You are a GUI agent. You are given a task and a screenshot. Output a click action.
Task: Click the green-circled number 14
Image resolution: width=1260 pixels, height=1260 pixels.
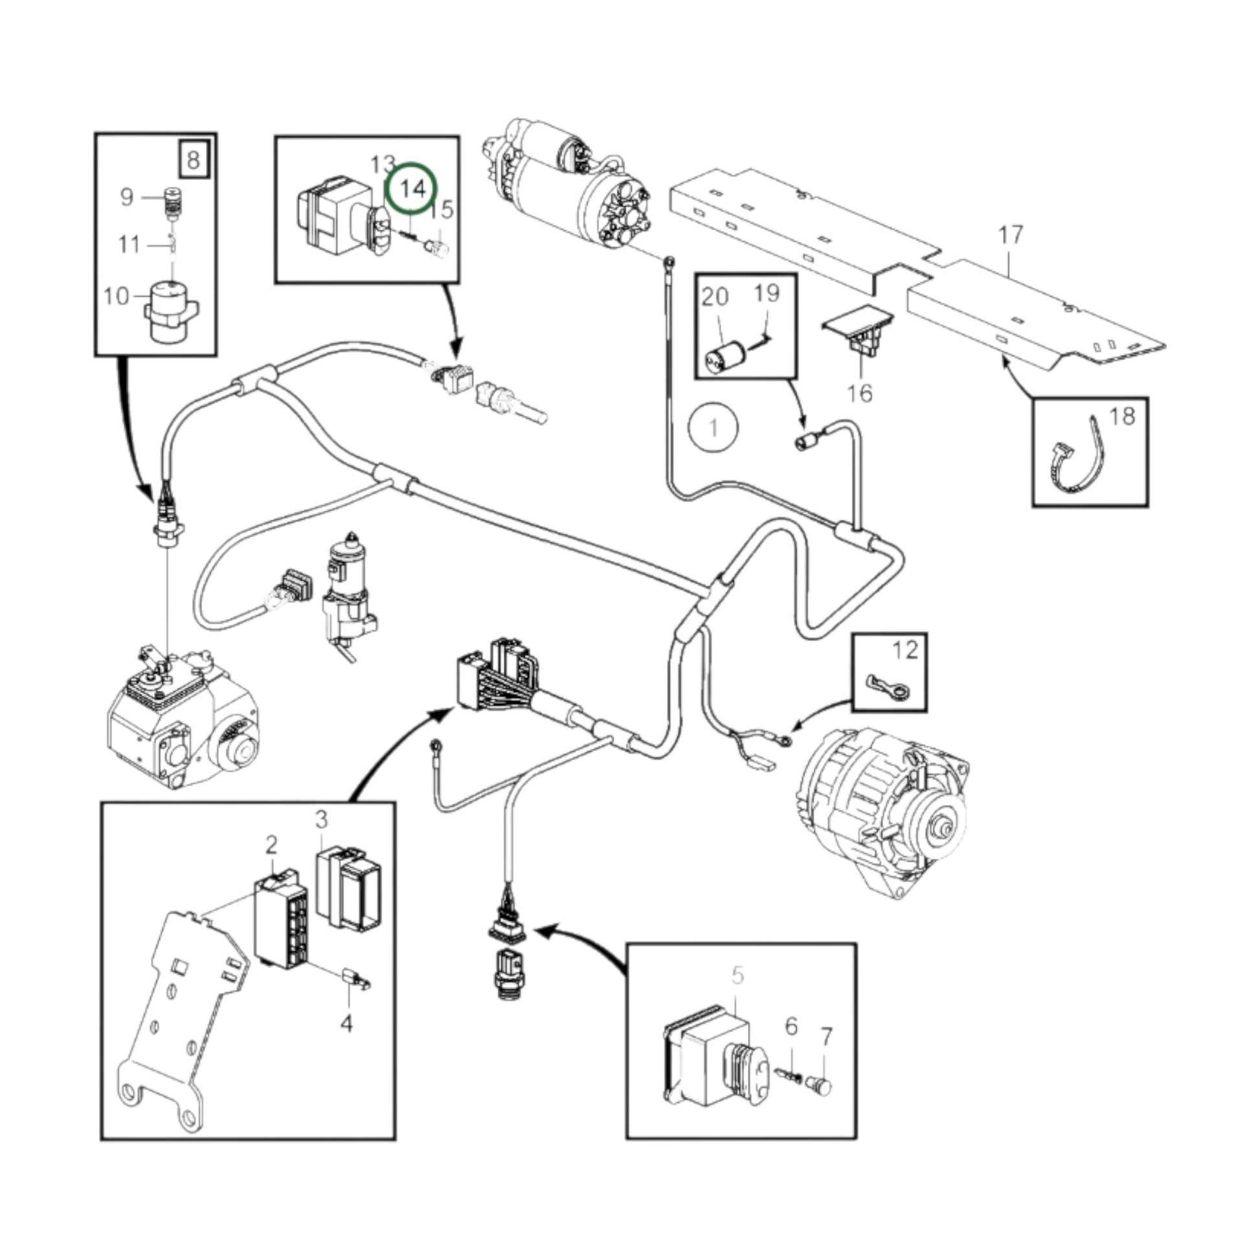412,189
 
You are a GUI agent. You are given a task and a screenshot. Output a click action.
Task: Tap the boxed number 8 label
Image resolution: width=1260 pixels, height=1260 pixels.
193,159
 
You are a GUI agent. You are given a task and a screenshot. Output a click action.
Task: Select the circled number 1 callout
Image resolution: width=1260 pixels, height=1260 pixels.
714,428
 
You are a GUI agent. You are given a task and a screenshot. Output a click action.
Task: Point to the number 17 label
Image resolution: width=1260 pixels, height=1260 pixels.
1010,235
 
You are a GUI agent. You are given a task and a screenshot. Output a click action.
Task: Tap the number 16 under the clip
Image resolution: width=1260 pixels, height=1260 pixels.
860,393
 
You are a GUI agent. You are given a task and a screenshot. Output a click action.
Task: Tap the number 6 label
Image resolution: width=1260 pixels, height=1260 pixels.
791,1026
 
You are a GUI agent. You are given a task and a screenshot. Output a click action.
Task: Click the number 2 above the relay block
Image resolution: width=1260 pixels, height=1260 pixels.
271,845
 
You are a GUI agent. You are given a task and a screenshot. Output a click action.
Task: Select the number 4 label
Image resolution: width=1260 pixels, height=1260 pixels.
346,1023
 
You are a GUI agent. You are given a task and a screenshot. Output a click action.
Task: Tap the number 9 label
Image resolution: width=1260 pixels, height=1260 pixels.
126,196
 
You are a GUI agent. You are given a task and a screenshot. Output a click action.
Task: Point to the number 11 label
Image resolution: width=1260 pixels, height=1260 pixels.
129,245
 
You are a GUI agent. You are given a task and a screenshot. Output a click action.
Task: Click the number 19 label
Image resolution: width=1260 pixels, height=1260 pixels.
767,293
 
